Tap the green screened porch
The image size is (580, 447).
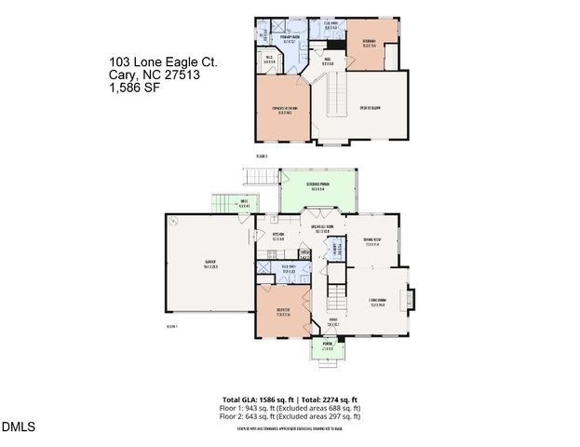click(317, 190)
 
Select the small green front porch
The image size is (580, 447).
click(327, 350)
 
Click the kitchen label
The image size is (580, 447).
click(277, 236)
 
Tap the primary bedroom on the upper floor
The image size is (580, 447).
click(285, 110)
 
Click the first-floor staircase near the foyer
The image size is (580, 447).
click(335, 298)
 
